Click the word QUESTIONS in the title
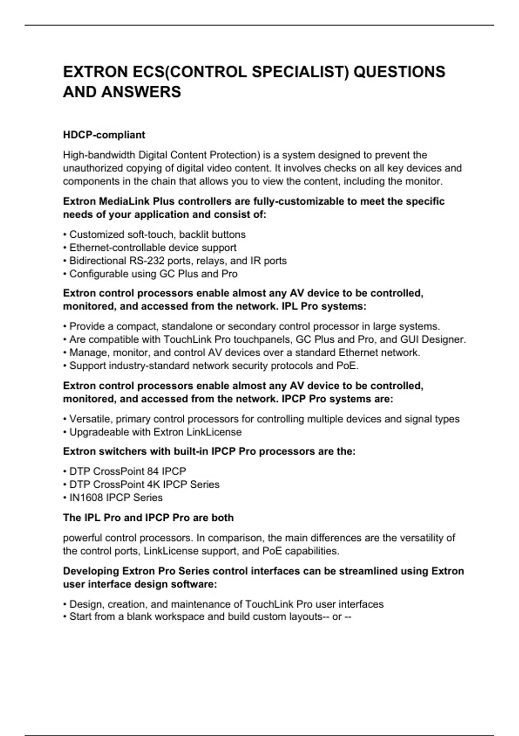399,72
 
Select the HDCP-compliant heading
104,135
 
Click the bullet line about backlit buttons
157,235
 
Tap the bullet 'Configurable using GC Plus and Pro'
153,274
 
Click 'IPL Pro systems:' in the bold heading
324,307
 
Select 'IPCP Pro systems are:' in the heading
337,399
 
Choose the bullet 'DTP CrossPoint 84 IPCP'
128,471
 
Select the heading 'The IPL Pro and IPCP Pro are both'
148,518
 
